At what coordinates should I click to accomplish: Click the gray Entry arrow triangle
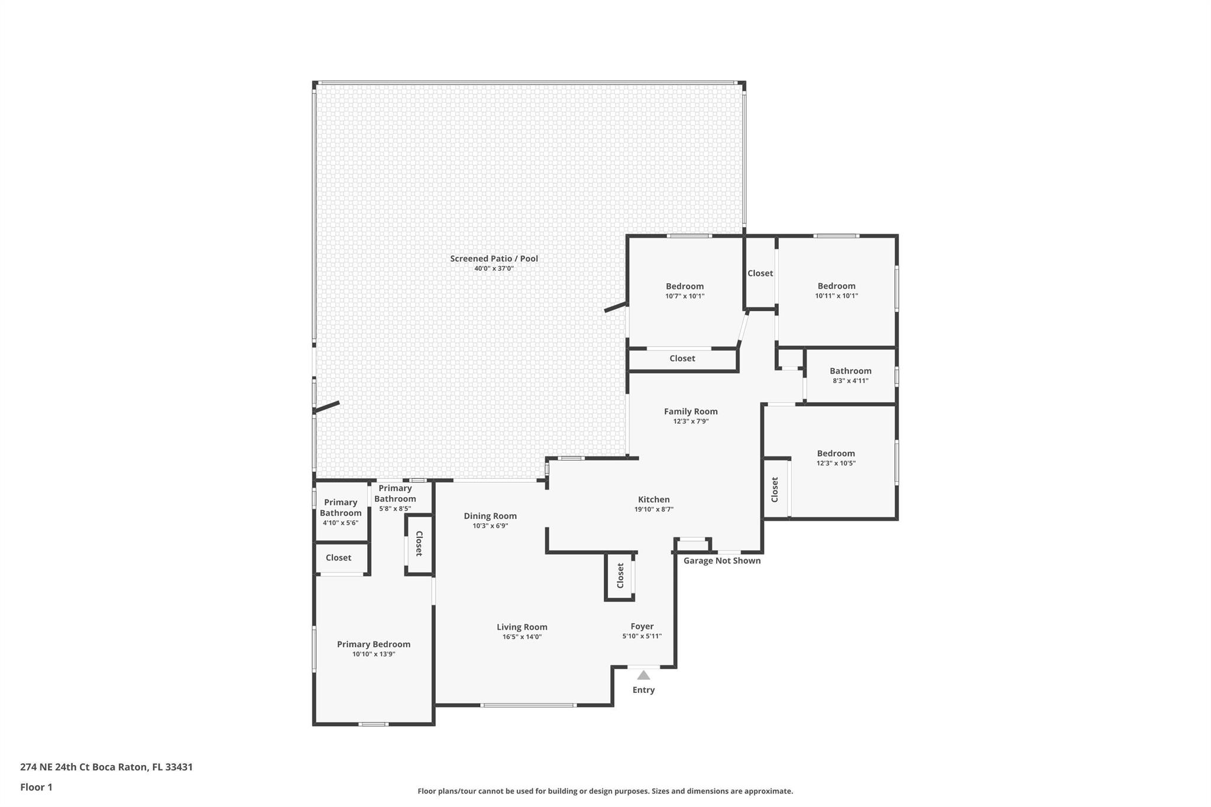click(643, 675)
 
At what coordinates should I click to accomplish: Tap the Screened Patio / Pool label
click(494, 258)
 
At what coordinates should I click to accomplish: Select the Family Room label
click(691, 411)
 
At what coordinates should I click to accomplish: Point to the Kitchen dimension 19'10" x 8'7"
click(654, 509)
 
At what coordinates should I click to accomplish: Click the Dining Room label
click(490, 516)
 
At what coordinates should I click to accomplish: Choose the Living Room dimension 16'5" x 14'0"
click(522, 637)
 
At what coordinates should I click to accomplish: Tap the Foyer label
click(642, 627)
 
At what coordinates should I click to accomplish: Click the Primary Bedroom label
click(374, 644)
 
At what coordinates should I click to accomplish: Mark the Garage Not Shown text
click(722, 560)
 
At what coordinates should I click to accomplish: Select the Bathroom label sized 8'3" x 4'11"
click(850, 371)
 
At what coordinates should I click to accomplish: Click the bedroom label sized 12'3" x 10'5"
click(836, 453)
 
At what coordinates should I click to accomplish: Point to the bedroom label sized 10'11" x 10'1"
click(837, 286)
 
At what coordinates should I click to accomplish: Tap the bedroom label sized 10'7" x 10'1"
click(685, 287)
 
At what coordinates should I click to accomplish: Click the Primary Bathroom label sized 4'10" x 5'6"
click(341, 508)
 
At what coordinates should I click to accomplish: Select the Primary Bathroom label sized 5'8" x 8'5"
click(395, 494)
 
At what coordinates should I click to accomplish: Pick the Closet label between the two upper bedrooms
click(760, 273)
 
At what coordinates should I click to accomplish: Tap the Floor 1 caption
click(36, 787)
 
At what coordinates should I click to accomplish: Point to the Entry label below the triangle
click(643, 690)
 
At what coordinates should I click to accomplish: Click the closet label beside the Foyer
click(620, 576)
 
